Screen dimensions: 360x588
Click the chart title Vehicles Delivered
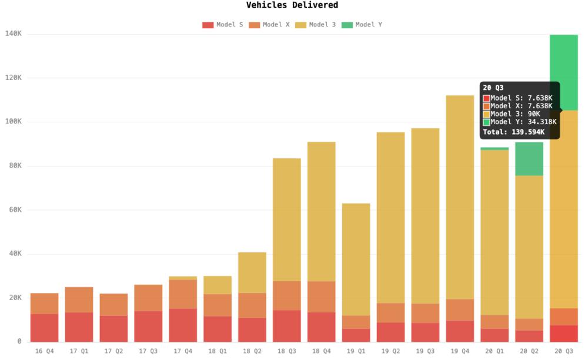pos(292,5)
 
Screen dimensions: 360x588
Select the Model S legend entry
pos(223,25)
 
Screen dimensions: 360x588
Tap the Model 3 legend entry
pos(316,25)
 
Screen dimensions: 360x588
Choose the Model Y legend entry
pos(362,25)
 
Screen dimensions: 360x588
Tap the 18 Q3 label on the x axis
pos(286,351)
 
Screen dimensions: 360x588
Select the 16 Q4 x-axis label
pos(44,351)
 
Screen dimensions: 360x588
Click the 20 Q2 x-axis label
pos(529,351)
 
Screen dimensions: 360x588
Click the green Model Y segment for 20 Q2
pos(529,159)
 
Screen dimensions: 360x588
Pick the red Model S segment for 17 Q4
pos(183,325)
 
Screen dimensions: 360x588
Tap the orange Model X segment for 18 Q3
pos(286,295)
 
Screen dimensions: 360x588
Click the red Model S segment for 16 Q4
pos(44,327)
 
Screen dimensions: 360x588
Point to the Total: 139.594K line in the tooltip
pos(513,132)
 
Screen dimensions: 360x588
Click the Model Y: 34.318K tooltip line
pos(521,122)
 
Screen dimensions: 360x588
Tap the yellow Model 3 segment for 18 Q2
pos(252,272)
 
